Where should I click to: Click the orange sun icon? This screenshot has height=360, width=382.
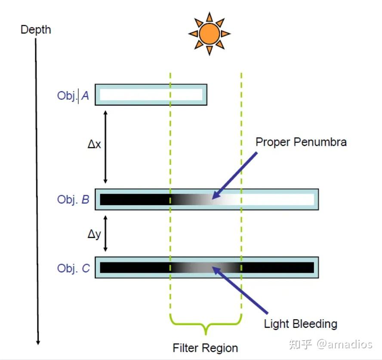coord(209,34)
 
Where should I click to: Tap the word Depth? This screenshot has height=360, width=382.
coord(36,30)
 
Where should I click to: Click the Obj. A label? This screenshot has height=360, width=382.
coord(73,95)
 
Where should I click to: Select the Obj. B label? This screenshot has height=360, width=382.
coord(73,200)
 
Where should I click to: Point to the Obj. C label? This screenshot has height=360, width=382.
coord(73,268)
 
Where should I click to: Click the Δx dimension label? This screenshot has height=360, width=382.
coord(94,145)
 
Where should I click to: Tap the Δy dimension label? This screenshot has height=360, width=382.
coord(94,234)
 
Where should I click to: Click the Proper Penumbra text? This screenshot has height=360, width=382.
coord(301,142)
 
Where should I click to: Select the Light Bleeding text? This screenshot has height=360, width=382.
coord(300,323)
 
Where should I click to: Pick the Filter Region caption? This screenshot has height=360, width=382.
coord(205,348)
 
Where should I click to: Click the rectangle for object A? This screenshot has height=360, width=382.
coord(151,95)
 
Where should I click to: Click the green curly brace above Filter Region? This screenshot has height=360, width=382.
coord(206,325)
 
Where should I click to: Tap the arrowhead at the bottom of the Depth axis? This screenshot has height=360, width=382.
coord(38,342)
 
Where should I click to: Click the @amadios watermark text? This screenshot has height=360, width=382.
coord(344,344)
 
